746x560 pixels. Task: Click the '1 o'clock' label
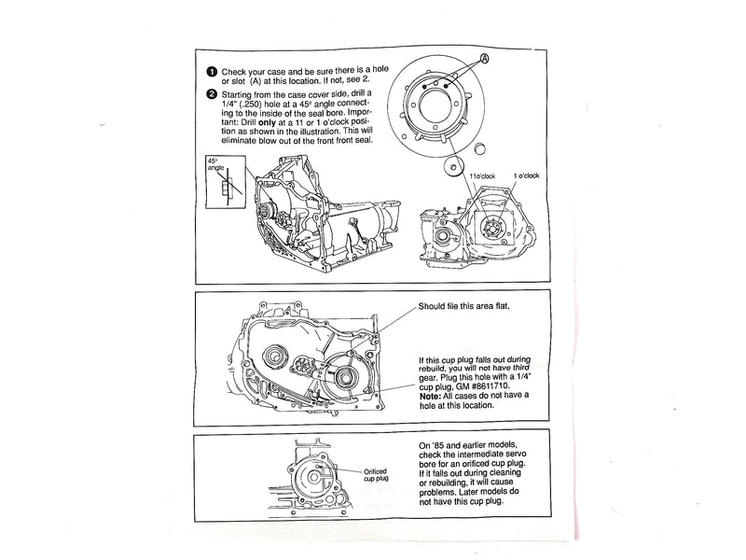point(527,176)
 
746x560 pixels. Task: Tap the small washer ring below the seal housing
point(452,167)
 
